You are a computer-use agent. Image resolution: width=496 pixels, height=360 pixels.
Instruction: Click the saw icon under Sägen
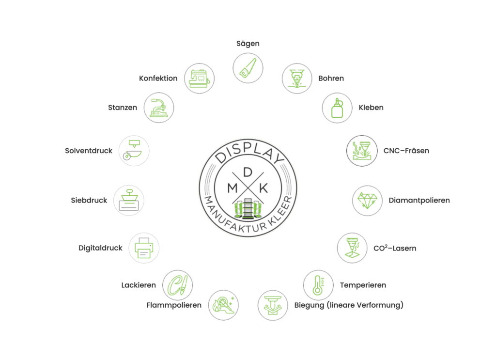coord(248,68)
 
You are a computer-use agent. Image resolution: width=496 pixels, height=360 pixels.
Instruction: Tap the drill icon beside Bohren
coord(297,78)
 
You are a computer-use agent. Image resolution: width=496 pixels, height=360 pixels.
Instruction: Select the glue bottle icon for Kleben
coord(337,108)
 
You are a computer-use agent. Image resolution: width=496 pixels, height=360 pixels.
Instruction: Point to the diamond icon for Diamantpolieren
coord(367,201)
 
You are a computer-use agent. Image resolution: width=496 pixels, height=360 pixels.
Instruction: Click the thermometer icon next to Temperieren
coord(318,285)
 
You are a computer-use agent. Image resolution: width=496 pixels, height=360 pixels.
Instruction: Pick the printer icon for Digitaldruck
coord(144,248)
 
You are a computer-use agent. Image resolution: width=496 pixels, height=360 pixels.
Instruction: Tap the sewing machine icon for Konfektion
coord(199,78)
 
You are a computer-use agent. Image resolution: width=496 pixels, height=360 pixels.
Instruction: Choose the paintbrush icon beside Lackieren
coord(177,285)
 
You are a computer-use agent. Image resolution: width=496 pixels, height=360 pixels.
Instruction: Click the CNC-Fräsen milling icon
coord(362,151)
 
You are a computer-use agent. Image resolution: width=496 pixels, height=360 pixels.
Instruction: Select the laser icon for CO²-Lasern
coord(352,248)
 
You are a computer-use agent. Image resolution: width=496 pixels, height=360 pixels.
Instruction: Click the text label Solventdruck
coord(89,151)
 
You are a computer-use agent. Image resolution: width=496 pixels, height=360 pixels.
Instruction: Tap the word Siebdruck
coord(89,200)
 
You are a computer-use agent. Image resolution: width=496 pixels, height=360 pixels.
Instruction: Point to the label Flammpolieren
coord(174,305)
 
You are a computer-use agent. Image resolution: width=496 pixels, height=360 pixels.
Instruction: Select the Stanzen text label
coord(123,108)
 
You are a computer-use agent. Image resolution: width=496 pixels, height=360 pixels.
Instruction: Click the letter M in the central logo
coord(232,188)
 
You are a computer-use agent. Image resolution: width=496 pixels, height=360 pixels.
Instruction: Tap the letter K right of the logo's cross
coord(263,188)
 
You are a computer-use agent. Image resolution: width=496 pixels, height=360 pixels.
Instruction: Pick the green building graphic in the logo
coord(248,209)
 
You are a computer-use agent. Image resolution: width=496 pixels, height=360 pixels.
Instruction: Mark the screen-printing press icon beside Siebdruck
coord(129,201)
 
